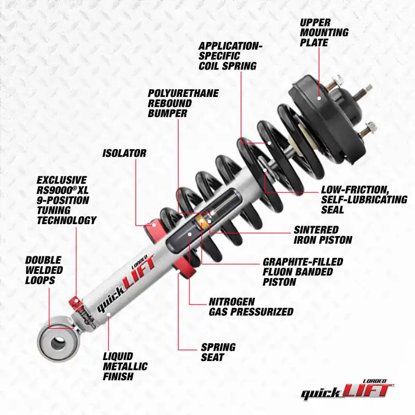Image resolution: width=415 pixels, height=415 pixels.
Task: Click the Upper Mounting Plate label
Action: coord(324,32)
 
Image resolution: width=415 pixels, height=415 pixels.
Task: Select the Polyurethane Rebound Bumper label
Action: coord(183,103)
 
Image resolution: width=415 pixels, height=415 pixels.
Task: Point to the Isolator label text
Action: coord(124,154)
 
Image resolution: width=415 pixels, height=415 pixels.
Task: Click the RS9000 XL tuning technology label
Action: coord(66,200)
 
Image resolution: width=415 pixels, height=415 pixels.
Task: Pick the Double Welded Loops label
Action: coord(44,270)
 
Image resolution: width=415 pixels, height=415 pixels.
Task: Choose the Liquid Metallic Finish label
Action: coord(125,366)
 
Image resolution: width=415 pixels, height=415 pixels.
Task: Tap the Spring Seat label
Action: coord(218,352)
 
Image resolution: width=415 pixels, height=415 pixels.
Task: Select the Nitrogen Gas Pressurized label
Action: coord(251,307)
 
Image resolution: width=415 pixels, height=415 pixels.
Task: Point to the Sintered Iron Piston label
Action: coord(323,234)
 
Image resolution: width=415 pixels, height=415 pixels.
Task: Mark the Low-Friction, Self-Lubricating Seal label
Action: coord(364,199)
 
